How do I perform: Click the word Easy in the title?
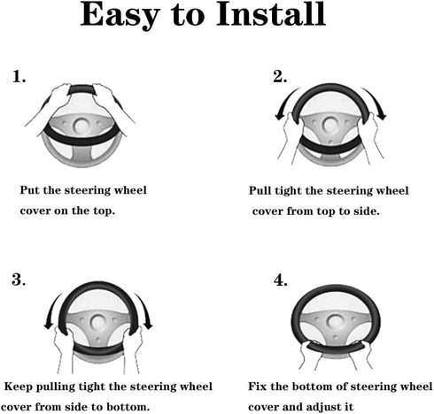(x=120, y=16)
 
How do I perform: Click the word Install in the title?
(x=271, y=14)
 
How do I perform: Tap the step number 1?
(x=19, y=76)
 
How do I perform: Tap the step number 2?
(x=280, y=76)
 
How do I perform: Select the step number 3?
(x=19, y=280)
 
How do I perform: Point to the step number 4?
(x=280, y=280)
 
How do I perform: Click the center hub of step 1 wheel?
(x=81, y=126)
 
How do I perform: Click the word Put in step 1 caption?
(x=29, y=190)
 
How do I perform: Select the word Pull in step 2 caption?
(x=260, y=190)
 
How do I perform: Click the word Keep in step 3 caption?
(x=18, y=387)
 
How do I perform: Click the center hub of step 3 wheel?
(x=98, y=322)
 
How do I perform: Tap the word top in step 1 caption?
(x=104, y=211)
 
